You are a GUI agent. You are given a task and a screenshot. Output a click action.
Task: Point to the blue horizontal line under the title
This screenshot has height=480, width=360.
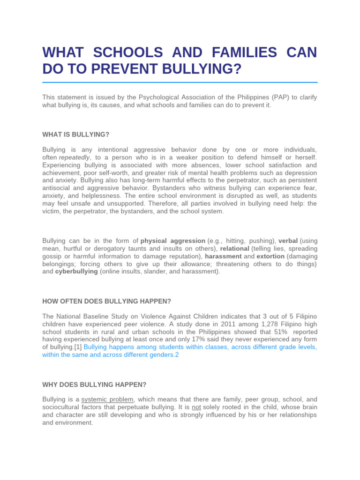point(180,82)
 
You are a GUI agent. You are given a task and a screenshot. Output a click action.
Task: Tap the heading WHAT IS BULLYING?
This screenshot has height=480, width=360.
point(75,135)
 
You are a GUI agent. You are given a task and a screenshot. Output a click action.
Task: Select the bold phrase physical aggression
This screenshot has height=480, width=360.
point(173,241)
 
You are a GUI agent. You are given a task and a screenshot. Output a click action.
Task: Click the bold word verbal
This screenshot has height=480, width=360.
point(288,241)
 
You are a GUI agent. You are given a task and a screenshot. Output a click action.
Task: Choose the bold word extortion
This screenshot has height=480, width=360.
point(270,256)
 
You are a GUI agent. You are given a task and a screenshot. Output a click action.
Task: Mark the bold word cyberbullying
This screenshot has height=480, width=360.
point(76,271)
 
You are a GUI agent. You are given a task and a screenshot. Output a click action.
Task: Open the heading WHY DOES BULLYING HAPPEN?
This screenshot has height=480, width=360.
point(94,385)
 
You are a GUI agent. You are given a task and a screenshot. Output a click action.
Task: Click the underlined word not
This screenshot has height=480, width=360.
point(196,407)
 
